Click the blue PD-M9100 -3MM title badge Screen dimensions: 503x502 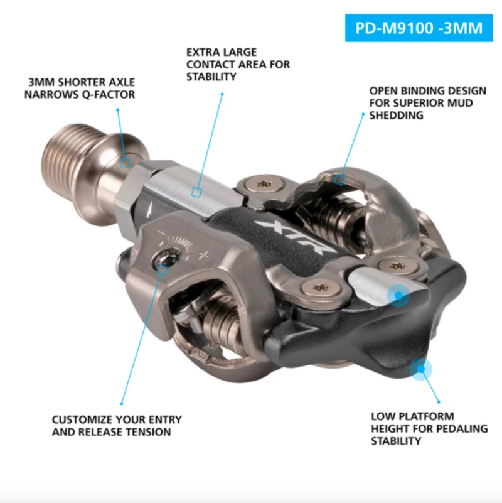[419, 29]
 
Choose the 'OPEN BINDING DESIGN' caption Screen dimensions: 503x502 [420, 103]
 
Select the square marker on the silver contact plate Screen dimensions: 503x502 [196, 193]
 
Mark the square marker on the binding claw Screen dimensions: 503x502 [339, 180]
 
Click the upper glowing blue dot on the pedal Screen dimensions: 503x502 [398, 295]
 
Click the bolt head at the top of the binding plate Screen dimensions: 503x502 [262, 183]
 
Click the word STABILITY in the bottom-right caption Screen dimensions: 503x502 [396, 441]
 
